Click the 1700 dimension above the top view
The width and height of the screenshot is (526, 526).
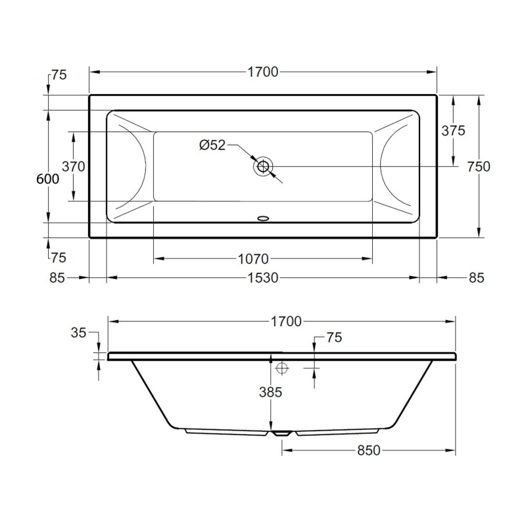(x=263, y=72)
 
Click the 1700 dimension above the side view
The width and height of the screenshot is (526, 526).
(x=286, y=322)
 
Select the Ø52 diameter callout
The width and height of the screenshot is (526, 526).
(x=212, y=145)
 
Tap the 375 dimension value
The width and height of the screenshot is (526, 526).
(x=453, y=130)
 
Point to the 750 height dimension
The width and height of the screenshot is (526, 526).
(x=479, y=166)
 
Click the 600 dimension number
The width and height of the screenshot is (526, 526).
(x=47, y=179)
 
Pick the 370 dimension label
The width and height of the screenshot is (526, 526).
(x=74, y=166)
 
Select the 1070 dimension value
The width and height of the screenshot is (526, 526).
(x=253, y=259)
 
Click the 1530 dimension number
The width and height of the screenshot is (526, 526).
(x=263, y=277)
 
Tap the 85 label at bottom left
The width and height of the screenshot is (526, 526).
(x=57, y=277)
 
